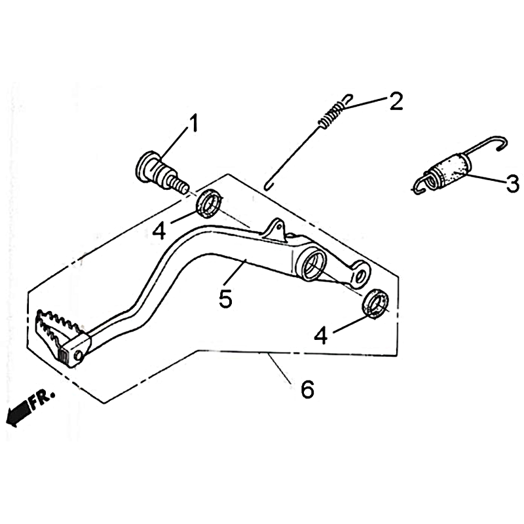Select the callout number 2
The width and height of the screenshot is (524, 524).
coord(396,101)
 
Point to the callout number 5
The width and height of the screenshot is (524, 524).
coord(225,299)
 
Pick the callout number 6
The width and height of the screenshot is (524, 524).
coord(307,389)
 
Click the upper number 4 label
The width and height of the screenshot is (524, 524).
coord(159,231)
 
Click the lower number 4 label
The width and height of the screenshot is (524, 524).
coord(321,335)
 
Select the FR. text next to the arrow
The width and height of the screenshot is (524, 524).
coord(42,398)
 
